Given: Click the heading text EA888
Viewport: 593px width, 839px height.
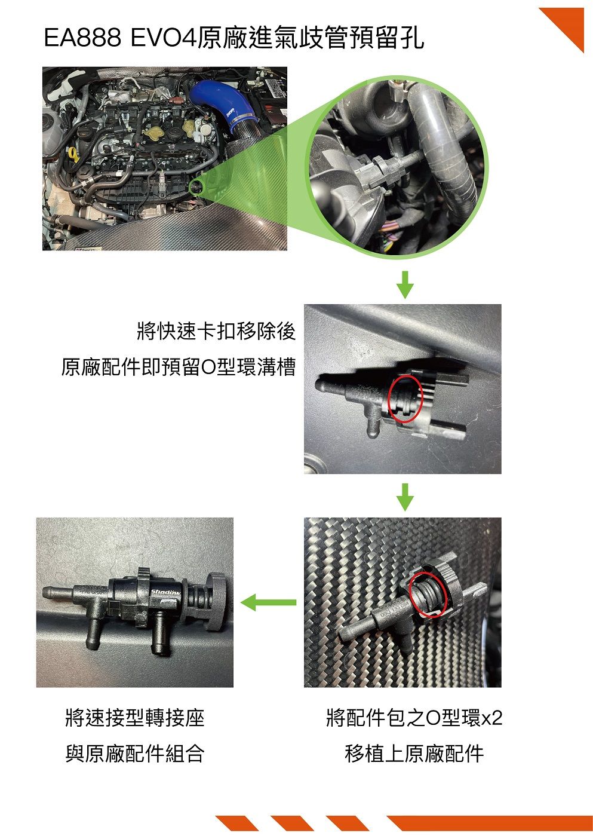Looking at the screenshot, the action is [x=82, y=38].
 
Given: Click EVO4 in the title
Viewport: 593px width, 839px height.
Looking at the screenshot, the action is [x=164, y=38].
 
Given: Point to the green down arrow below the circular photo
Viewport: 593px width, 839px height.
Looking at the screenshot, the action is [x=405, y=285].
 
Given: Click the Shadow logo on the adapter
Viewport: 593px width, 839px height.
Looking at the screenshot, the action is [x=165, y=592].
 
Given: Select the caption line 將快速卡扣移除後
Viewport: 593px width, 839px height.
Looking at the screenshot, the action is [x=216, y=332].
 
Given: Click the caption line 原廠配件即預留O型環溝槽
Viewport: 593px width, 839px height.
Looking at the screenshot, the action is [x=179, y=367].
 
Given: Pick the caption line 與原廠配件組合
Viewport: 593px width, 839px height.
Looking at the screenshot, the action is [x=135, y=754].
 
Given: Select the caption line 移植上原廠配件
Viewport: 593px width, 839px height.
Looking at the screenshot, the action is [x=414, y=754].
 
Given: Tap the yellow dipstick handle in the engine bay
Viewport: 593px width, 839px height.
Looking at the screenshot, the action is [x=73, y=154].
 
